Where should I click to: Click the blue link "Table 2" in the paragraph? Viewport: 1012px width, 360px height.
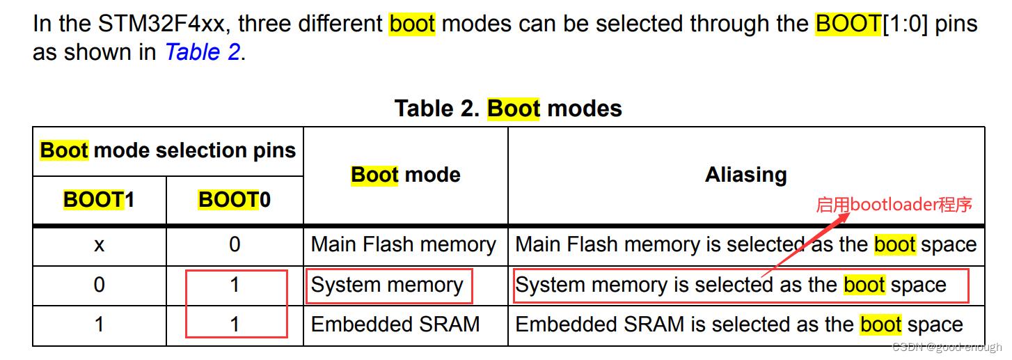[x=202, y=52]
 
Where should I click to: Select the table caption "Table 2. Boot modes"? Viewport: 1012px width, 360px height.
[x=508, y=109]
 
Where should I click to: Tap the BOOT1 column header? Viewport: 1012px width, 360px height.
[x=99, y=200]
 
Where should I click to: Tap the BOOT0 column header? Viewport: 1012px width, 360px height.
[x=235, y=200]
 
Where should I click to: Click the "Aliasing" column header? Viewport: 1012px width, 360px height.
[x=745, y=175]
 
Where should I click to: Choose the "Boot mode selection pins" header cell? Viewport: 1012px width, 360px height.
[x=168, y=150]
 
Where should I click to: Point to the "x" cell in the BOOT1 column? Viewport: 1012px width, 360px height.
[x=99, y=245]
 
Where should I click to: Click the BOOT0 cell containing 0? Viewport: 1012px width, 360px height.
[x=235, y=245]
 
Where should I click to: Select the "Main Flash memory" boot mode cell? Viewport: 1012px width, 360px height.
[x=403, y=245]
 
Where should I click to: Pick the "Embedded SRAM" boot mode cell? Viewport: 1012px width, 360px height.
[x=395, y=324]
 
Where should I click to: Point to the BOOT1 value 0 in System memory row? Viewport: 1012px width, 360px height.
[x=99, y=285]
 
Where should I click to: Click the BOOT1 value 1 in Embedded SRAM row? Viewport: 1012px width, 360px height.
[x=99, y=324]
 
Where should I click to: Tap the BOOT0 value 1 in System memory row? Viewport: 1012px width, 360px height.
[x=235, y=285]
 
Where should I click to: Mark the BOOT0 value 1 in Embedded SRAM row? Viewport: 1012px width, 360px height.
[x=235, y=324]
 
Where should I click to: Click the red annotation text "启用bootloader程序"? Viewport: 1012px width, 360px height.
[x=894, y=205]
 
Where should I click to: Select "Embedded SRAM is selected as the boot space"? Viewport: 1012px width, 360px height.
[x=738, y=324]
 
